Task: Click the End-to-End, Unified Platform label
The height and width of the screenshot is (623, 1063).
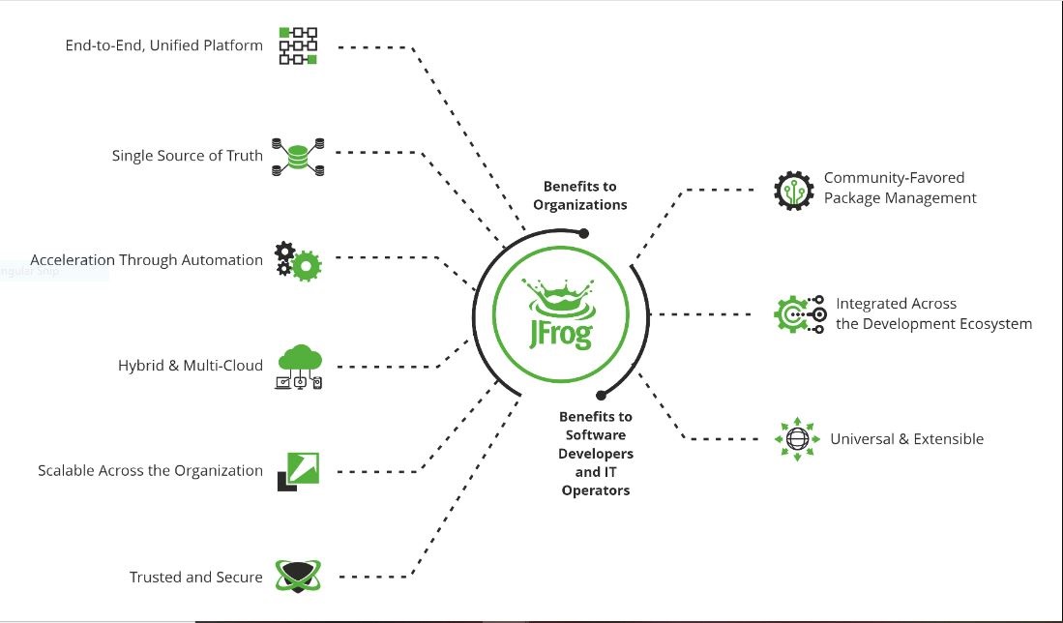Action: click(163, 45)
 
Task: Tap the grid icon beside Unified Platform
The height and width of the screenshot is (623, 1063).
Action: click(298, 45)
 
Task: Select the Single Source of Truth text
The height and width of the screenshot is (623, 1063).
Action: click(187, 155)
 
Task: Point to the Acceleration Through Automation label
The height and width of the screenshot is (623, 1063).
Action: click(146, 260)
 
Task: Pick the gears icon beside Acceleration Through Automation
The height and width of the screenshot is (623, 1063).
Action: click(297, 261)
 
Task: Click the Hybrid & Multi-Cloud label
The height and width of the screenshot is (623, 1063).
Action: click(190, 366)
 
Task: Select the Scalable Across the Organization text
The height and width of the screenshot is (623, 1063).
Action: click(150, 471)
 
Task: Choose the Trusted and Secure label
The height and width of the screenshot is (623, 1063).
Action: click(195, 578)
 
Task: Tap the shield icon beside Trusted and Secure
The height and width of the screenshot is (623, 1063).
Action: click(297, 576)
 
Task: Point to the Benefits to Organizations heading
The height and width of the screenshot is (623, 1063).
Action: click(579, 195)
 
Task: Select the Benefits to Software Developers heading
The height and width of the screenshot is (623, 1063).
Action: click(595, 454)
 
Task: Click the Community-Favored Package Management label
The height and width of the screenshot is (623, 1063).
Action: click(900, 189)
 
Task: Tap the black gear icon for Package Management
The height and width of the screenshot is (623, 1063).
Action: click(793, 190)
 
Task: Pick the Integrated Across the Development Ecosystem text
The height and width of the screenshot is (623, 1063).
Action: click(933, 314)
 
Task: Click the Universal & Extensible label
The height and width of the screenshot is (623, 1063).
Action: click(906, 439)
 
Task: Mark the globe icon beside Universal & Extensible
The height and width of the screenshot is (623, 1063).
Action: click(797, 439)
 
